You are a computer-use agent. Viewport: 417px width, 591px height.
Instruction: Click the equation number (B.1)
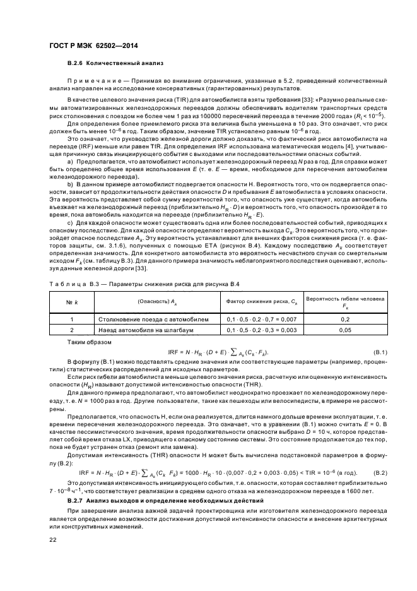pyautogui.click(x=380, y=350)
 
